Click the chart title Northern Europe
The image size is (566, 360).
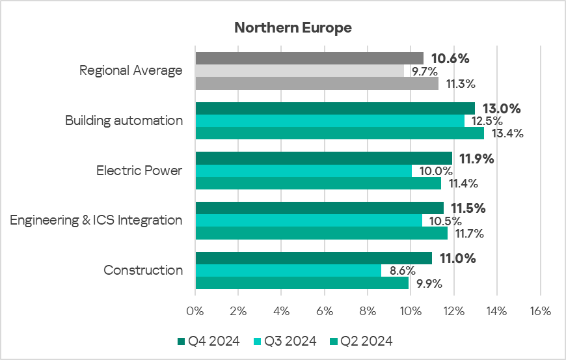(x=293, y=28)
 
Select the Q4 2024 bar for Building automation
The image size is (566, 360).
(x=335, y=108)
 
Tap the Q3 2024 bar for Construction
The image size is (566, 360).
(x=288, y=270)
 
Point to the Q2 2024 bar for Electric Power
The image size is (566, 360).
(x=318, y=184)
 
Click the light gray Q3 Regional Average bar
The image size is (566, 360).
(x=299, y=70)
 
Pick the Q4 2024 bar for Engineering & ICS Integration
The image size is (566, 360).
(x=319, y=208)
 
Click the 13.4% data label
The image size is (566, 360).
(x=507, y=133)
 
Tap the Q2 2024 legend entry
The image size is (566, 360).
(x=361, y=341)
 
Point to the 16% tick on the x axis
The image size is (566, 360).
(x=540, y=311)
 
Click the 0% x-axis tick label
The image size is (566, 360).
(x=195, y=311)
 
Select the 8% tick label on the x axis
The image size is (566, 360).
(x=368, y=311)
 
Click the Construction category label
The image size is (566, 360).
(x=143, y=270)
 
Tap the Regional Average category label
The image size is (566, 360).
(x=131, y=70)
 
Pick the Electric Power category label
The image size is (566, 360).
(x=139, y=171)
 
